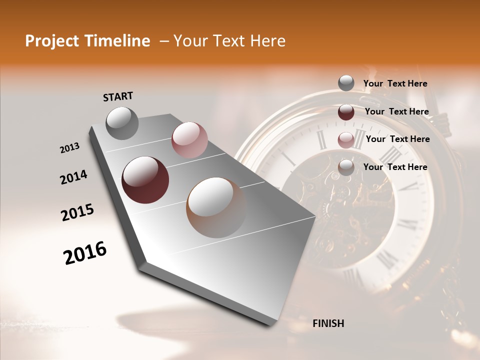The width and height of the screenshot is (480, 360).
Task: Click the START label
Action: tap(118, 96)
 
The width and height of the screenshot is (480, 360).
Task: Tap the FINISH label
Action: tap(328, 323)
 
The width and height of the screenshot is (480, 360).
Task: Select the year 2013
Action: tap(69, 148)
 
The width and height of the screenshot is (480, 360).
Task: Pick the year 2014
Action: tap(73, 177)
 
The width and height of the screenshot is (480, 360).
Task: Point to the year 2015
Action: tap(77, 212)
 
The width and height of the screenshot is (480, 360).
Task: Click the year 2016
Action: tap(85, 253)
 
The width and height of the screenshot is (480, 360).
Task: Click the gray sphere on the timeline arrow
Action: tap(122, 123)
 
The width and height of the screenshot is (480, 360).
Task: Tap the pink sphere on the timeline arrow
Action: tap(189, 140)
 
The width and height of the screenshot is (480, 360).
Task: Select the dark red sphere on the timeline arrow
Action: tap(145, 180)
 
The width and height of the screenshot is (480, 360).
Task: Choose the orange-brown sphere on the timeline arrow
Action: tap(216, 207)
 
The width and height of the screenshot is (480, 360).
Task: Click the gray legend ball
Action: tap(346, 83)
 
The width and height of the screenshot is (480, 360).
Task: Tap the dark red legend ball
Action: tap(346, 112)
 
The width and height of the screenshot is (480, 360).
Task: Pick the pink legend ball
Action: tap(346, 140)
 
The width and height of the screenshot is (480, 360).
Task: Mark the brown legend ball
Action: tap(346, 167)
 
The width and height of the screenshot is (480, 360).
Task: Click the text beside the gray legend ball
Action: tap(395, 83)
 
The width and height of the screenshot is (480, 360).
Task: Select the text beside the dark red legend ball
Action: tap(396, 111)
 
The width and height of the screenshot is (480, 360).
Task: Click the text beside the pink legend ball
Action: tap(397, 139)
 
